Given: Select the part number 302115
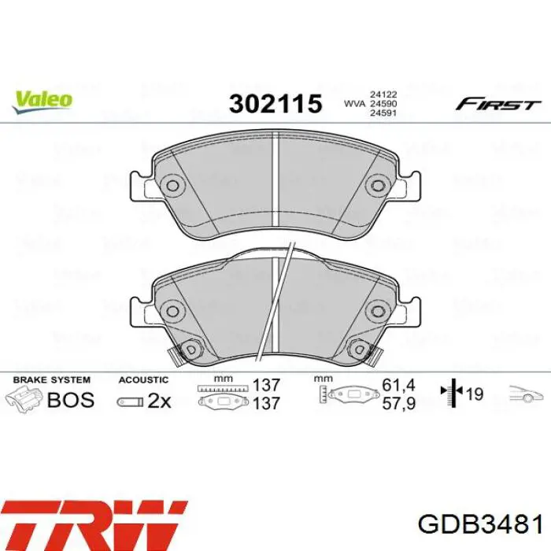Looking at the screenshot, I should pyautogui.click(x=275, y=103).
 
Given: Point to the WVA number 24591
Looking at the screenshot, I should pyautogui.click(x=382, y=113).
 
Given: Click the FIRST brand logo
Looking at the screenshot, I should pyautogui.click(x=498, y=104).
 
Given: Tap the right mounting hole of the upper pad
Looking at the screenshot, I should pyautogui.click(x=378, y=187).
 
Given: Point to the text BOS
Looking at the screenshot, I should pyautogui.click(x=71, y=400).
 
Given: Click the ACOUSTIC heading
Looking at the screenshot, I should pyautogui.click(x=143, y=379).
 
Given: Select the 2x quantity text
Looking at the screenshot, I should pyautogui.click(x=159, y=401).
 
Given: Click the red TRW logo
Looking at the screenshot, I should pyautogui.click(x=94, y=523).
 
